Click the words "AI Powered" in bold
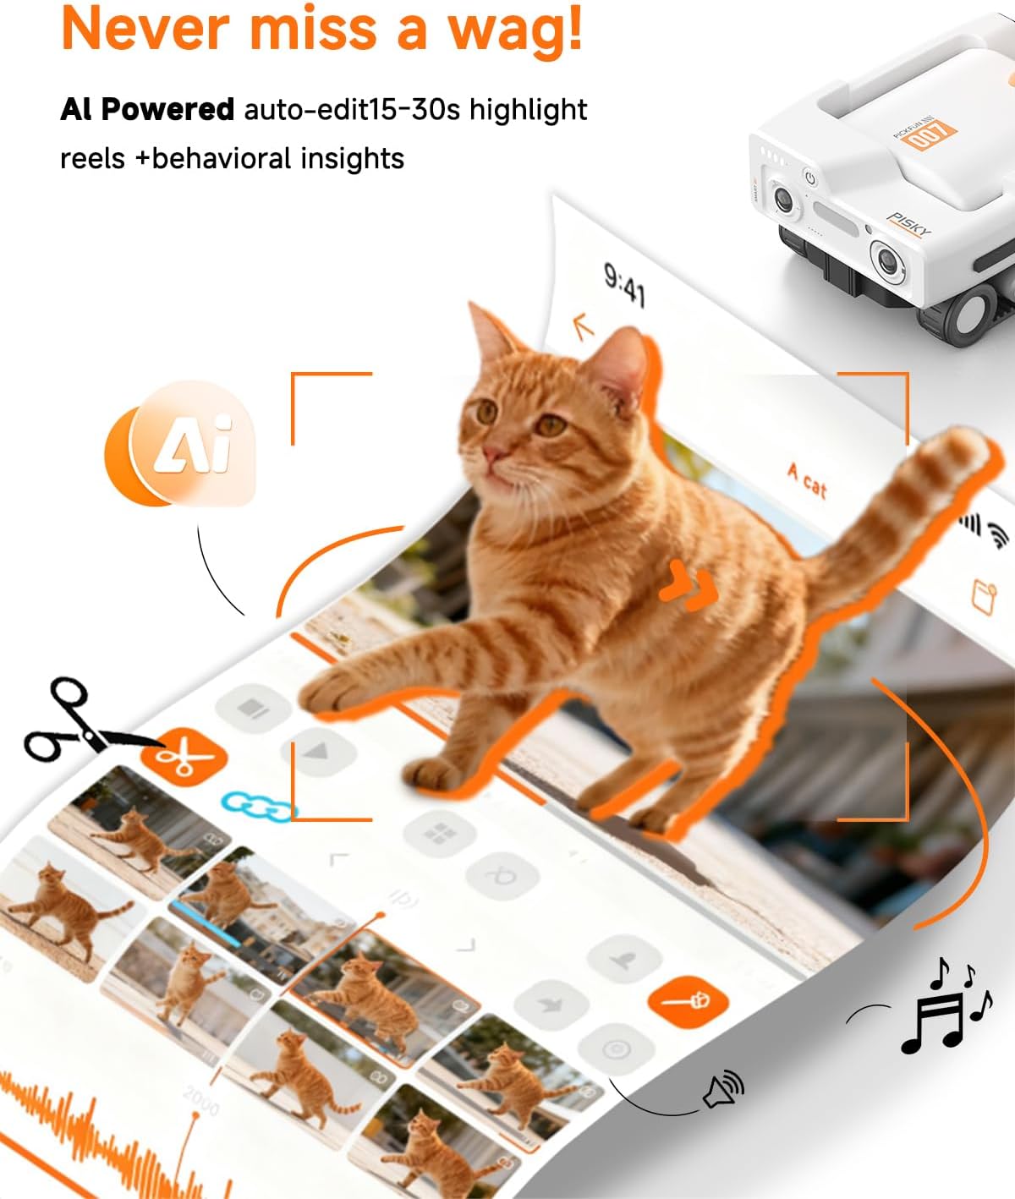(x=147, y=109)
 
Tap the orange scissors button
(x=183, y=755)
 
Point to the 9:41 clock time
(x=624, y=284)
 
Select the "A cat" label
(x=807, y=480)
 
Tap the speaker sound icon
(x=723, y=1090)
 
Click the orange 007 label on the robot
(x=928, y=135)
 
